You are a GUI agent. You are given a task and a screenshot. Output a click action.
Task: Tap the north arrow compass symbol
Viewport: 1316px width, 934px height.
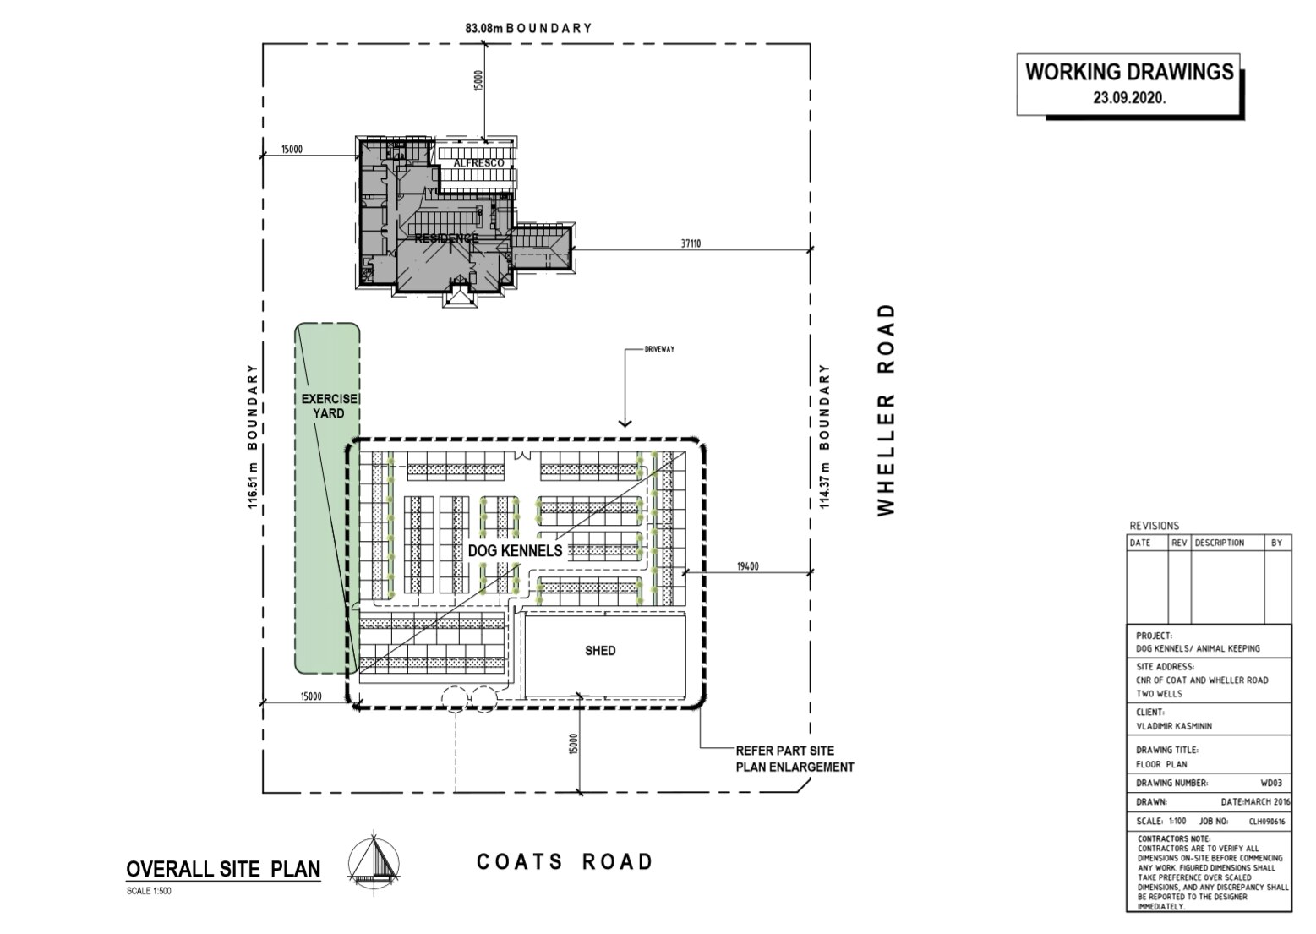pyautogui.click(x=374, y=860)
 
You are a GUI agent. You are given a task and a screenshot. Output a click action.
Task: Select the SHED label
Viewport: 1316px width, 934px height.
pyautogui.click(x=600, y=651)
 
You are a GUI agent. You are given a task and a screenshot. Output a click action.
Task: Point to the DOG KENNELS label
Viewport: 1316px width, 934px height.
pyautogui.click(x=515, y=551)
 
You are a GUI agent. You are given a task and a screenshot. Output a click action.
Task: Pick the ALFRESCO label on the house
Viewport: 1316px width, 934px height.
pyautogui.click(x=478, y=162)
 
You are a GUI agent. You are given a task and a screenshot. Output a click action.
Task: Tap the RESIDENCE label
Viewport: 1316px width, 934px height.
pyautogui.click(x=446, y=238)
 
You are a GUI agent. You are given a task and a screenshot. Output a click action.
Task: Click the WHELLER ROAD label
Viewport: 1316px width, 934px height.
pyautogui.click(x=885, y=410)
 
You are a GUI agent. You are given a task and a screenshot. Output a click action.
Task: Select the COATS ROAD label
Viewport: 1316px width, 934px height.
pyautogui.click(x=565, y=861)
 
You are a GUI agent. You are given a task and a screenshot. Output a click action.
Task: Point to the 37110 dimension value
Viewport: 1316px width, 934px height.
pyautogui.click(x=691, y=243)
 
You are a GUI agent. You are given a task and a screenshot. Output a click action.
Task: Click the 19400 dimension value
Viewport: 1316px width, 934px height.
pyautogui.click(x=748, y=566)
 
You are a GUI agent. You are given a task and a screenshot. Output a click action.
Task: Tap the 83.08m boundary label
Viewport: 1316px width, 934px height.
pyautogui.click(x=528, y=28)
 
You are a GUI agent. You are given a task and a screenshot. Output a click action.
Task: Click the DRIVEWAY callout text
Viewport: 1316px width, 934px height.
pyautogui.click(x=659, y=348)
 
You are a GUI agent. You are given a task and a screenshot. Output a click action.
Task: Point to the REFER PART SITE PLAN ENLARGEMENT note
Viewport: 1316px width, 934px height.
pyautogui.click(x=795, y=759)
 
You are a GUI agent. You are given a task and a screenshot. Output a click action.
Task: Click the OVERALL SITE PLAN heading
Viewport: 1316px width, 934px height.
pyautogui.click(x=223, y=869)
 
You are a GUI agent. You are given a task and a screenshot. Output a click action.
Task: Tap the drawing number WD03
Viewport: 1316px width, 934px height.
pyautogui.click(x=1270, y=784)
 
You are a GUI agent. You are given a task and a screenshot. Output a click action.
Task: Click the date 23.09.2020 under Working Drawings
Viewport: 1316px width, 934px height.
pyautogui.click(x=1129, y=97)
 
